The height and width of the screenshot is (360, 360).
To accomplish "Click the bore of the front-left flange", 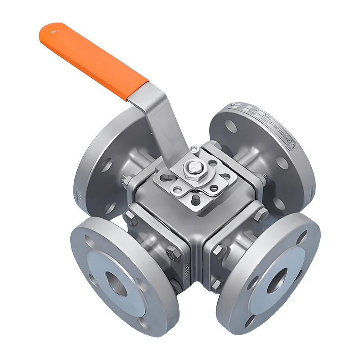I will pyautogui.click(x=114, y=282).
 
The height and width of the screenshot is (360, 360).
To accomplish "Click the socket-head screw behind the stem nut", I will pyautogui.click(x=194, y=148).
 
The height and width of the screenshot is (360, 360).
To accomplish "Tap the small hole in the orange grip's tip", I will pyautogui.click(x=54, y=31).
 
